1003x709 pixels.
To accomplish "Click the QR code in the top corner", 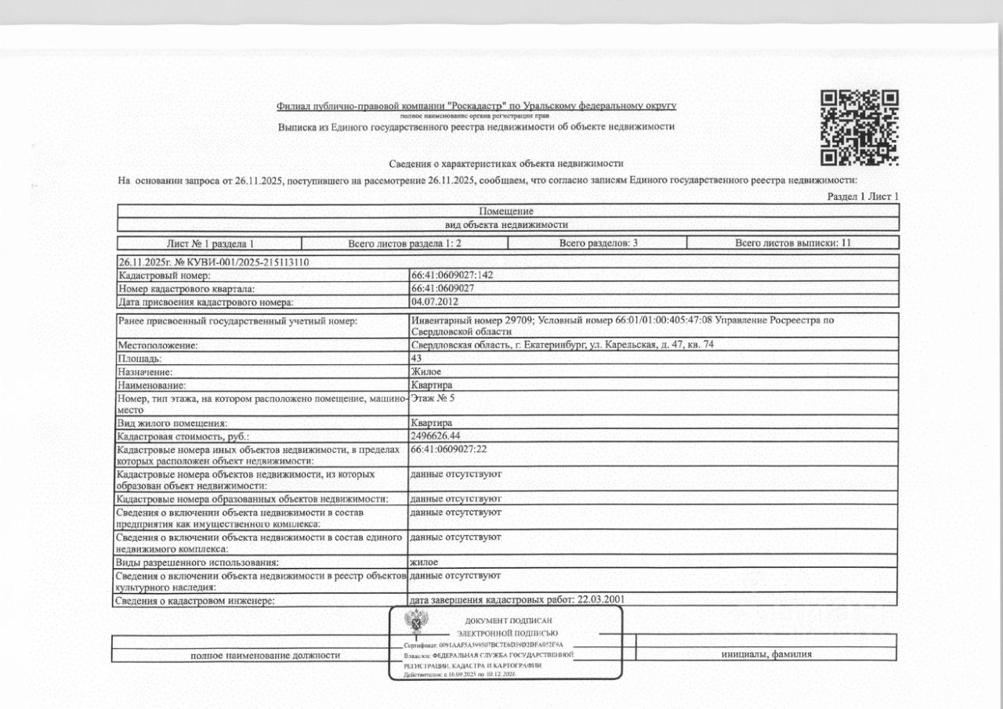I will coord(859,128).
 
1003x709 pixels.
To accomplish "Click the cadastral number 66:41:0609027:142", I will coord(451,276).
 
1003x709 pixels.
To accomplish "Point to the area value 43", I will coord(416,358).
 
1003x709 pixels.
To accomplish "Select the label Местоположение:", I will coord(158,345).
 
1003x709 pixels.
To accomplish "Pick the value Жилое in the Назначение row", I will coord(425,371).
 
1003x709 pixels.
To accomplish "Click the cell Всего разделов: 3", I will coord(598,243).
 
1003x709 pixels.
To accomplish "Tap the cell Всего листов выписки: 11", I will coord(792,243).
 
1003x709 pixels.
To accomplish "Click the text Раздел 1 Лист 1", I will coord(863,197).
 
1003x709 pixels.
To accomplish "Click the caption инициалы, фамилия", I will coord(766,654).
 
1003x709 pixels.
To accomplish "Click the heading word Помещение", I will coord(506,212).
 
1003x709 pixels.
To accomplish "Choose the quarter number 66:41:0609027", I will coord(444,288).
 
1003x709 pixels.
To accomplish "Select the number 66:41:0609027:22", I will coord(449,449).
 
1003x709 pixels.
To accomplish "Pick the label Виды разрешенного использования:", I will coord(197,562).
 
